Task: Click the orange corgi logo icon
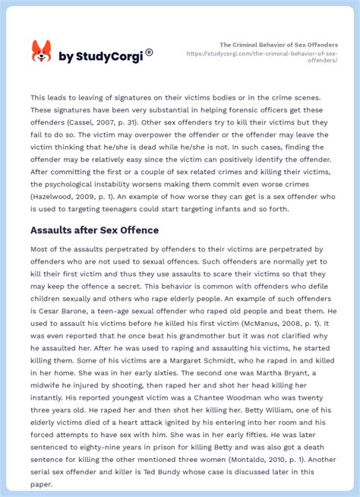[41, 51]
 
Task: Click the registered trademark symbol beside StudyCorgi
[149, 52]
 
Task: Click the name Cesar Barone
[61, 300]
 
